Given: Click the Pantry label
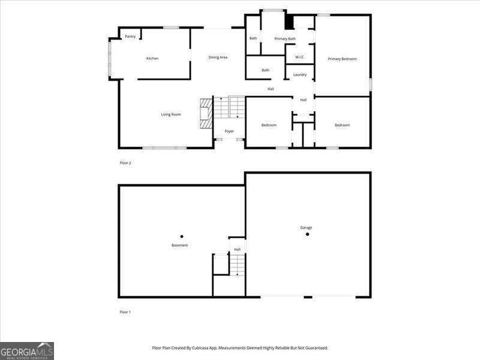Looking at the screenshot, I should pos(130,37).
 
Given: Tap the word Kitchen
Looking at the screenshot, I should pos(152,58).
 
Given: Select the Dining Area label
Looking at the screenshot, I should pos(218,58).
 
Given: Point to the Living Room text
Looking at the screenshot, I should pos(171,115).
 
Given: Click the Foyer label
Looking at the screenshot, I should pos(229,131).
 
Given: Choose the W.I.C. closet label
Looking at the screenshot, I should pos(300,57).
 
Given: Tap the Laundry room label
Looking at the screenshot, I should pos(300,74).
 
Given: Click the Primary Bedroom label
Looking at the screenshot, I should pos(342,59).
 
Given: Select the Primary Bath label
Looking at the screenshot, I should pos(285,39).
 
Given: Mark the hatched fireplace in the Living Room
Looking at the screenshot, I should pos(206,112).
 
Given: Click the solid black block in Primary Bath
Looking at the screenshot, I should pos(289,22).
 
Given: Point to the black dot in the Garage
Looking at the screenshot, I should pos(307,234).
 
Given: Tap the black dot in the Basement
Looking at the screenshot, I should pos(182,236).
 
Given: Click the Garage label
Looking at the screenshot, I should pos(306,227).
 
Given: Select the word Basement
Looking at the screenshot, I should pos(179,245).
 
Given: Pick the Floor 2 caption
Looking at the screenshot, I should pos(125,163).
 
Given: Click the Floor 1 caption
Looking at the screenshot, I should pos(125,312).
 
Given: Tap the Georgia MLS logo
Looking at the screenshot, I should pos(27,350).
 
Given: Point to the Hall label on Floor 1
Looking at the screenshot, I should pos(237,249).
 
